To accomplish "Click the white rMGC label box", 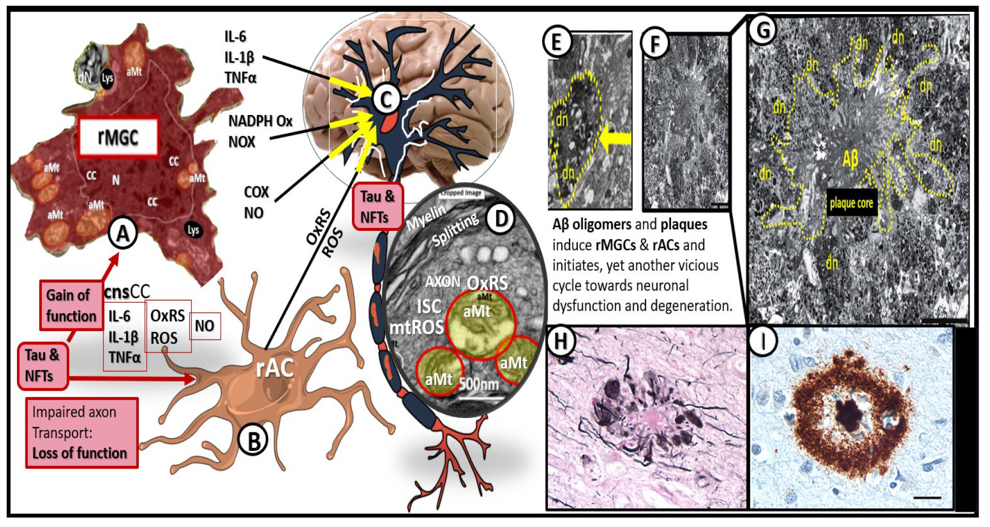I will (118, 136).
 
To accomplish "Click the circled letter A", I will (123, 233).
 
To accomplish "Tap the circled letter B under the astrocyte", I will (253, 441).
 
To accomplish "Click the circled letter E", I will (556, 41).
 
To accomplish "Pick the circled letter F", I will (655, 44).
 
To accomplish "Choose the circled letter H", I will (560, 341).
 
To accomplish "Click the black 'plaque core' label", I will (851, 203).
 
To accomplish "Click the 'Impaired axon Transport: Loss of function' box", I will (81, 432).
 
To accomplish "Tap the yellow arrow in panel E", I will (615, 138).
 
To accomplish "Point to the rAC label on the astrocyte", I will (275, 368).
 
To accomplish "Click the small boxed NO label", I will (205, 326).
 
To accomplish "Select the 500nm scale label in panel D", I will (479, 384).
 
